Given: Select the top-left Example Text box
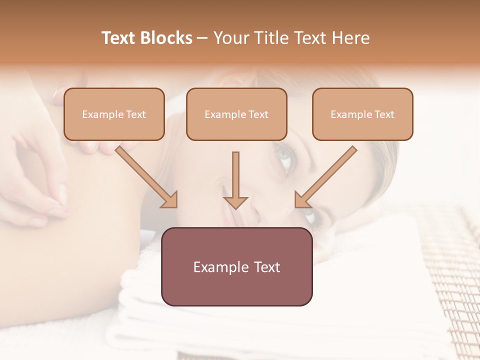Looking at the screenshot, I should (x=114, y=114).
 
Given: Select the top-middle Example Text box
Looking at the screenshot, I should (x=236, y=114).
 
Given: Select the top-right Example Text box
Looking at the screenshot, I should (x=362, y=114).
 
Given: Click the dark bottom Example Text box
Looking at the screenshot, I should (x=236, y=266).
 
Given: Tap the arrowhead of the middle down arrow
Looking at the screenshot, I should (x=235, y=202).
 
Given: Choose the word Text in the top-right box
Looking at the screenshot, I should (x=384, y=114).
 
